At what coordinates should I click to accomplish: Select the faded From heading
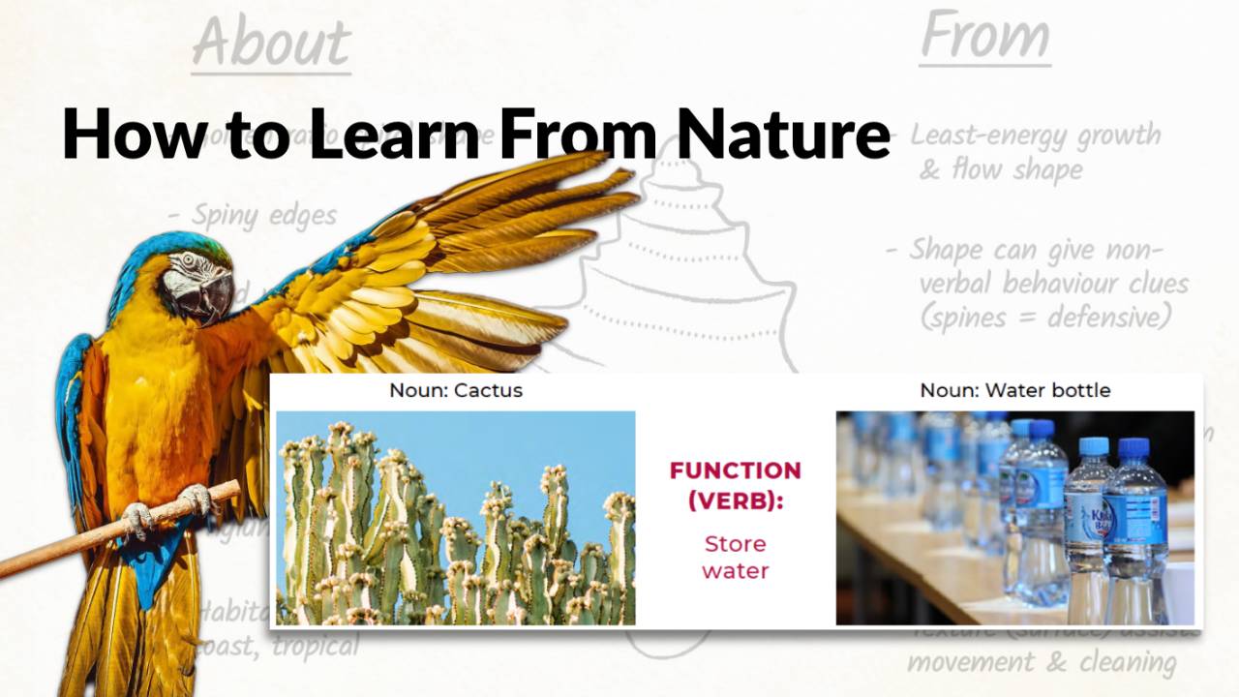(984, 37)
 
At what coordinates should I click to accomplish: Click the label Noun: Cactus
(456, 391)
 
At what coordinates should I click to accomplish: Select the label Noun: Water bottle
(1014, 391)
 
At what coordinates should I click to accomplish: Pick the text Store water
(735, 557)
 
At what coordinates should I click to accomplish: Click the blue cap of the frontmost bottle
(1133, 448)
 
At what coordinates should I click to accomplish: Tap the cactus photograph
(455, 518)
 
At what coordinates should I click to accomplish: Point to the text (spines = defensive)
(1045, 318)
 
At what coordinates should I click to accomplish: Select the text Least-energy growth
(1035, 136)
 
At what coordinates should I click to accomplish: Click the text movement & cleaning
(1042, 663)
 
